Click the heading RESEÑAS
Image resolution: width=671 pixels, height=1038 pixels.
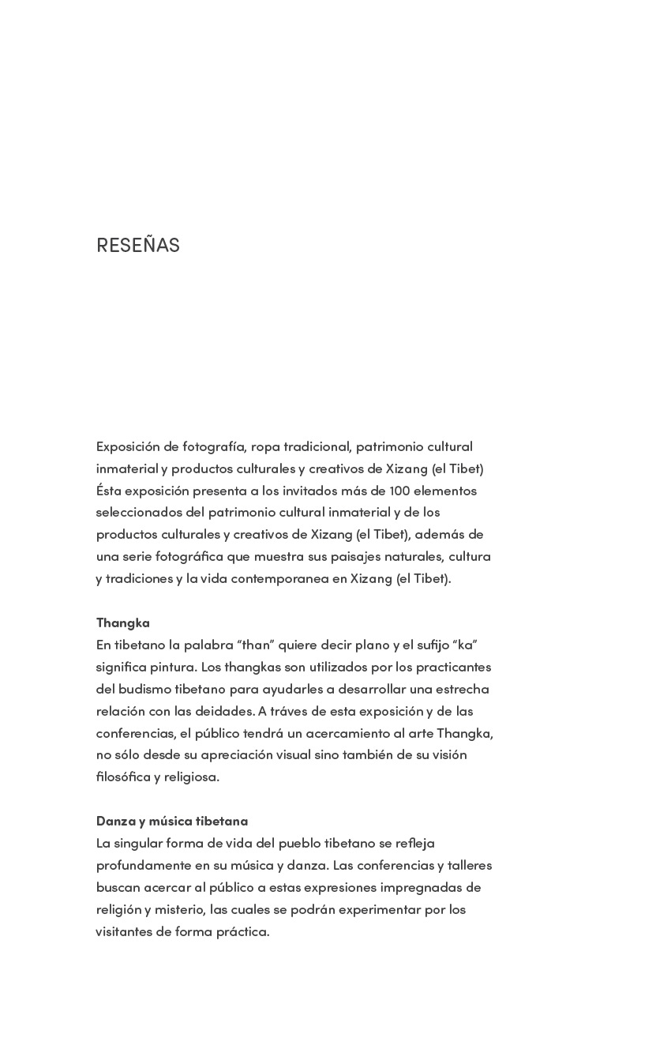138,246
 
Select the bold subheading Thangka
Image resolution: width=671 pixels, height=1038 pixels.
122,622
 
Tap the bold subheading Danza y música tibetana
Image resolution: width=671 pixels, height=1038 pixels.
171,821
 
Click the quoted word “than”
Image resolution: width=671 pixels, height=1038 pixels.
253,645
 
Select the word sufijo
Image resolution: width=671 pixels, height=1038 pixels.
427,645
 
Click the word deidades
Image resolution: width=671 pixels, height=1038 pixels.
225,711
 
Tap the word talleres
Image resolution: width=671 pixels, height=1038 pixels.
470,865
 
